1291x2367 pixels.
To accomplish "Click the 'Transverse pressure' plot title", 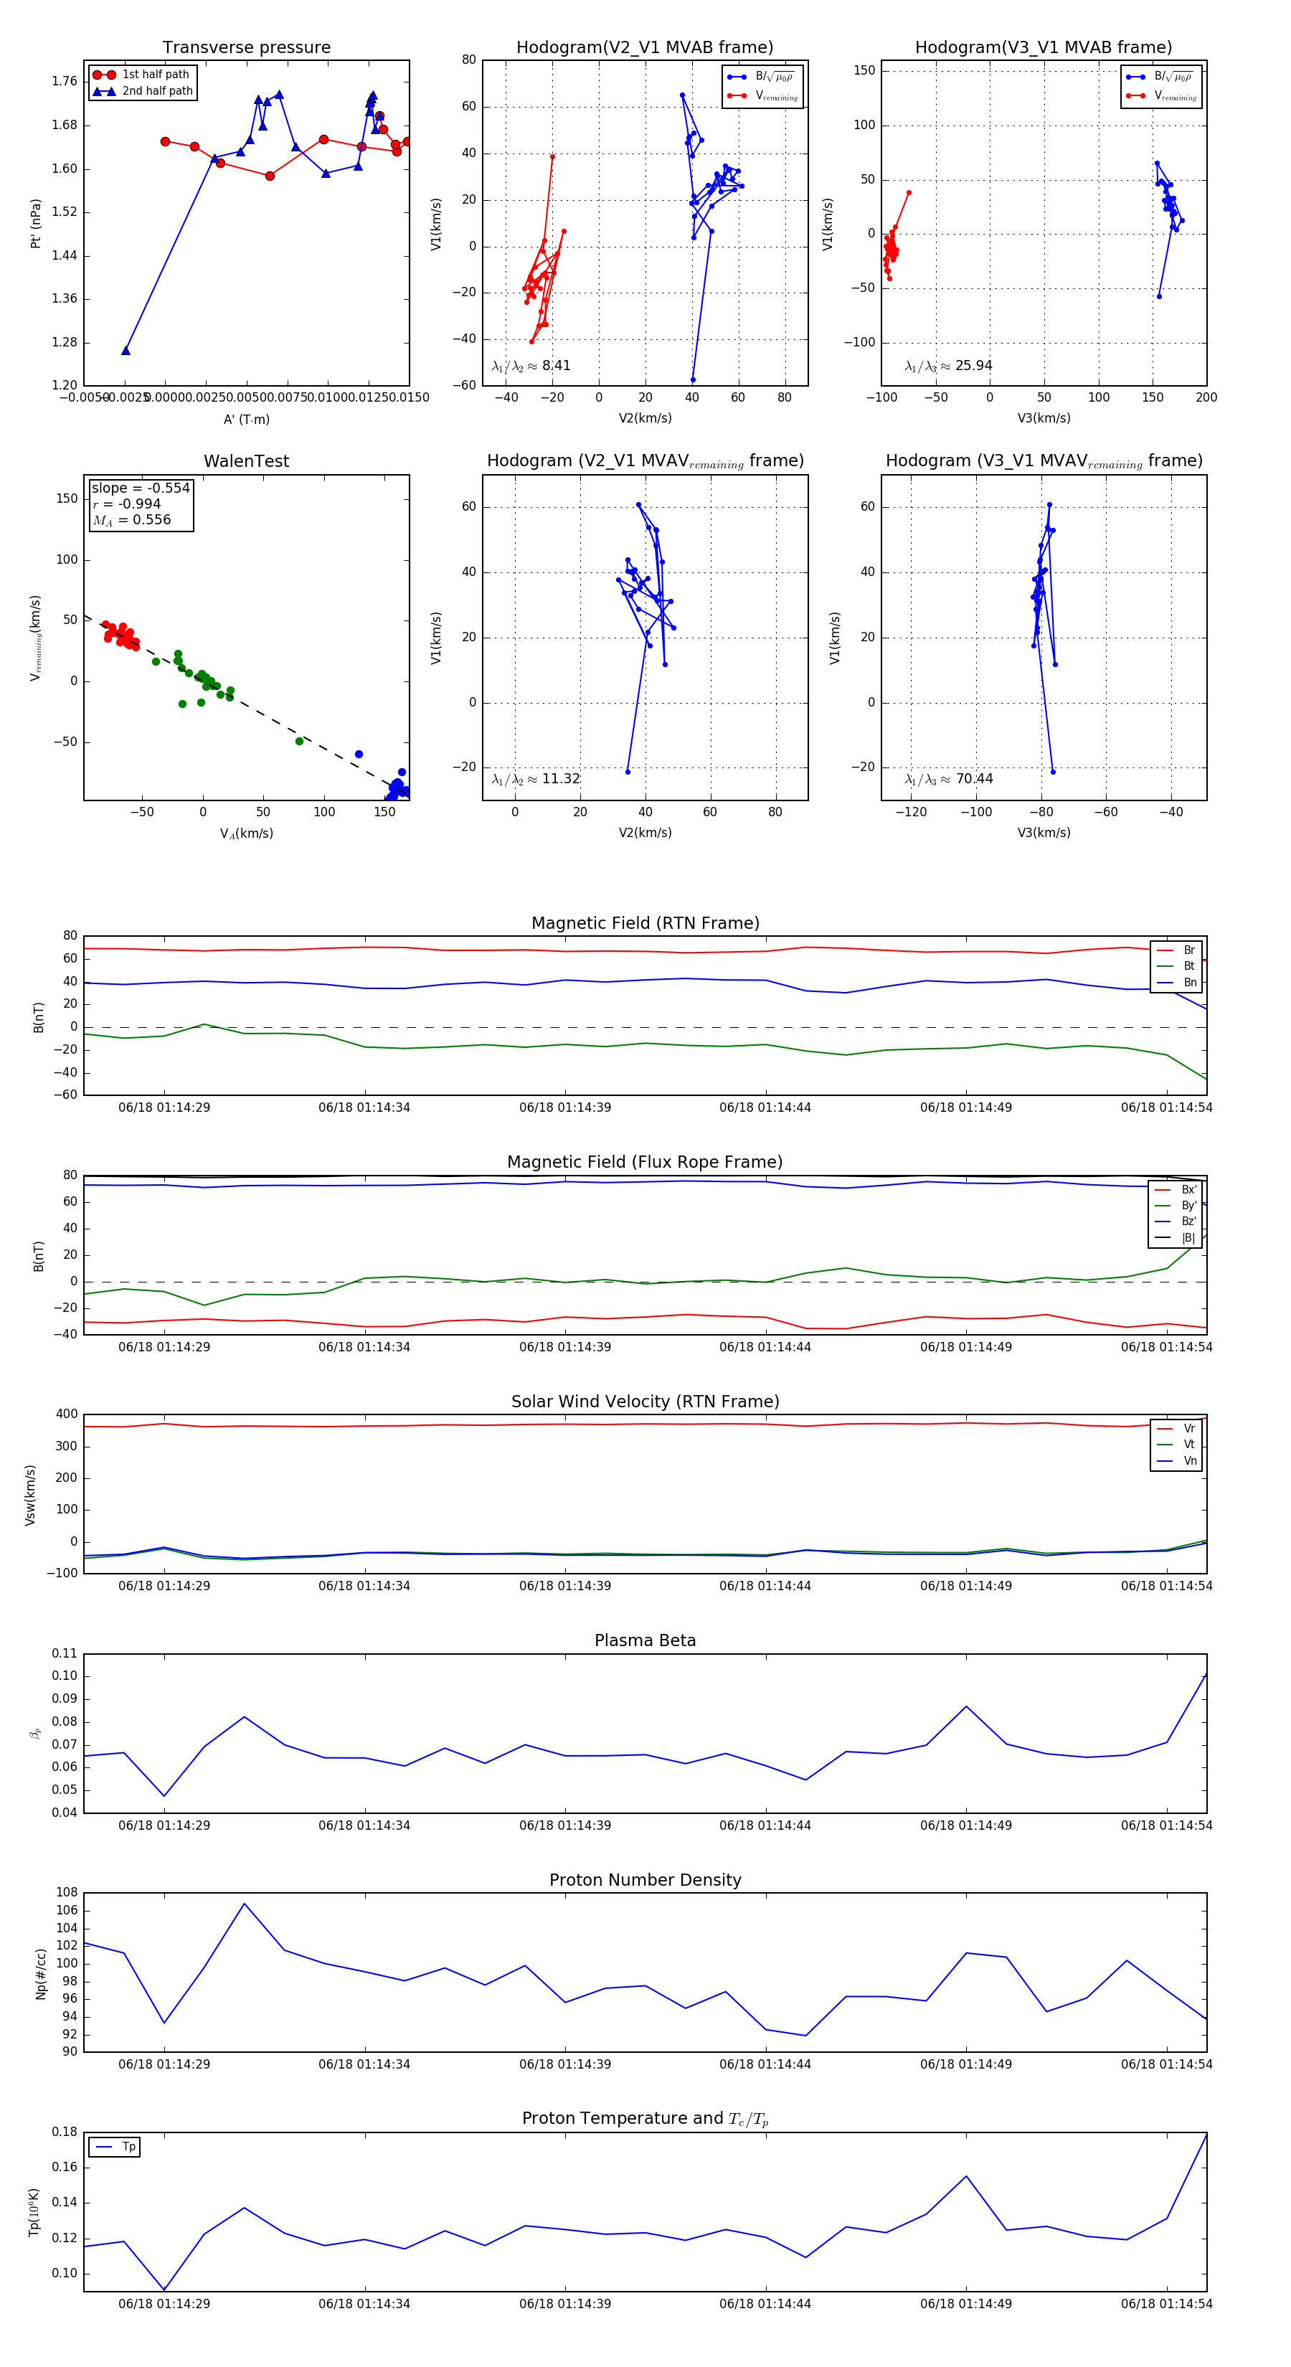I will tap(246, 48).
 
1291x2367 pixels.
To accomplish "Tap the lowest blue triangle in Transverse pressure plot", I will tap(126, 350).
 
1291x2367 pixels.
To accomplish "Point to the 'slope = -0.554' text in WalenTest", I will tap(140, 488).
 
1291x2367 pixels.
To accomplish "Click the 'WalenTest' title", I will tap(246, 461).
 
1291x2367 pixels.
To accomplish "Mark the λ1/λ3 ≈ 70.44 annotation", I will tap(948, 779).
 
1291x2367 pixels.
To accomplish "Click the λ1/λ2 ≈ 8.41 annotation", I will tap(531, 366).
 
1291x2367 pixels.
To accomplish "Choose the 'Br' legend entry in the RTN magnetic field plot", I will tap(1189, 950).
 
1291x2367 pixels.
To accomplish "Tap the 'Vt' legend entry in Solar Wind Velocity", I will tap(1189, 1445).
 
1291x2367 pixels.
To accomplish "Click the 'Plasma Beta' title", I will tap(645, 1640).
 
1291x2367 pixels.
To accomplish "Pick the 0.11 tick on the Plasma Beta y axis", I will tap(65, 1653).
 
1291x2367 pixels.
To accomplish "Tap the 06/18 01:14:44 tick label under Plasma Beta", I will tap(765, 1825).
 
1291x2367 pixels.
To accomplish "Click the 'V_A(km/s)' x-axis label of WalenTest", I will tap(246, 833).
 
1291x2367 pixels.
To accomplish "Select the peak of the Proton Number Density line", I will tap(244, 1903).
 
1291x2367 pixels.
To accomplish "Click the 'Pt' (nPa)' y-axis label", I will tap(36, 223).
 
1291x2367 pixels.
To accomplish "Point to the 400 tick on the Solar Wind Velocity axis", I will tap(66, 1414).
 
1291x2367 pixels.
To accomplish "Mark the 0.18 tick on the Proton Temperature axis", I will tap(65, 2132).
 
